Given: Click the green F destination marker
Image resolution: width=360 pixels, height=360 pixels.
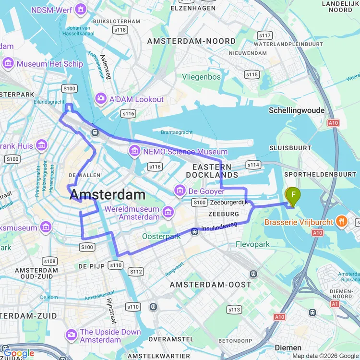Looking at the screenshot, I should (x=293, y=194).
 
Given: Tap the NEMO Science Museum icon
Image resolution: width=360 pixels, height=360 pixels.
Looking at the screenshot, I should (x=134, y=152).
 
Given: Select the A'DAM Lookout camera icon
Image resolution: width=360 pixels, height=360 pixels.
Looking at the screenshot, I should (x=101, y=99).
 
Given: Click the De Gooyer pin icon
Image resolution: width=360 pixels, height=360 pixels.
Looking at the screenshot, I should (x=180, y=191).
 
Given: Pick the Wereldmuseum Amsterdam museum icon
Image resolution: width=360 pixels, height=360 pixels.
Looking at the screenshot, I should (x=168, y=212).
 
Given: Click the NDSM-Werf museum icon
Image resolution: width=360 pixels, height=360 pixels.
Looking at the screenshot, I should (x=81, y=9).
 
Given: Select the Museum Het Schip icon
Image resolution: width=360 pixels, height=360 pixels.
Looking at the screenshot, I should (x=8, y=63).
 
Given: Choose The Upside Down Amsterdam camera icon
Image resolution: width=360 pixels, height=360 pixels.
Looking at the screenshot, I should (x=72, y=334).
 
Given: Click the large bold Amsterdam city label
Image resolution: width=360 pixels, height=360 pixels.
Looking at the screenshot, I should (x=108, y=194).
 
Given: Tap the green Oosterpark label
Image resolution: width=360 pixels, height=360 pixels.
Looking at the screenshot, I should (x=161, y=236).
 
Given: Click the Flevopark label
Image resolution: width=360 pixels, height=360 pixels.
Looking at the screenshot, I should (x=253, y=244).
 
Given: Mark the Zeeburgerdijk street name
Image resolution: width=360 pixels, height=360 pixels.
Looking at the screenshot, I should (x=229, y=203).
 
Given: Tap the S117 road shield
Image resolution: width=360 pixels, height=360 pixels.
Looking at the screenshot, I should (x=265, y=36).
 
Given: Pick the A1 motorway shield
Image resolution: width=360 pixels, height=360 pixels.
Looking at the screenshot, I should (x=335, y=304).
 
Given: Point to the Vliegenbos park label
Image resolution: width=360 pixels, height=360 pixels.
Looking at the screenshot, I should (x=201, y=77).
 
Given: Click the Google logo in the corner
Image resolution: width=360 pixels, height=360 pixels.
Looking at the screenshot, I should (x=18, y=354).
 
